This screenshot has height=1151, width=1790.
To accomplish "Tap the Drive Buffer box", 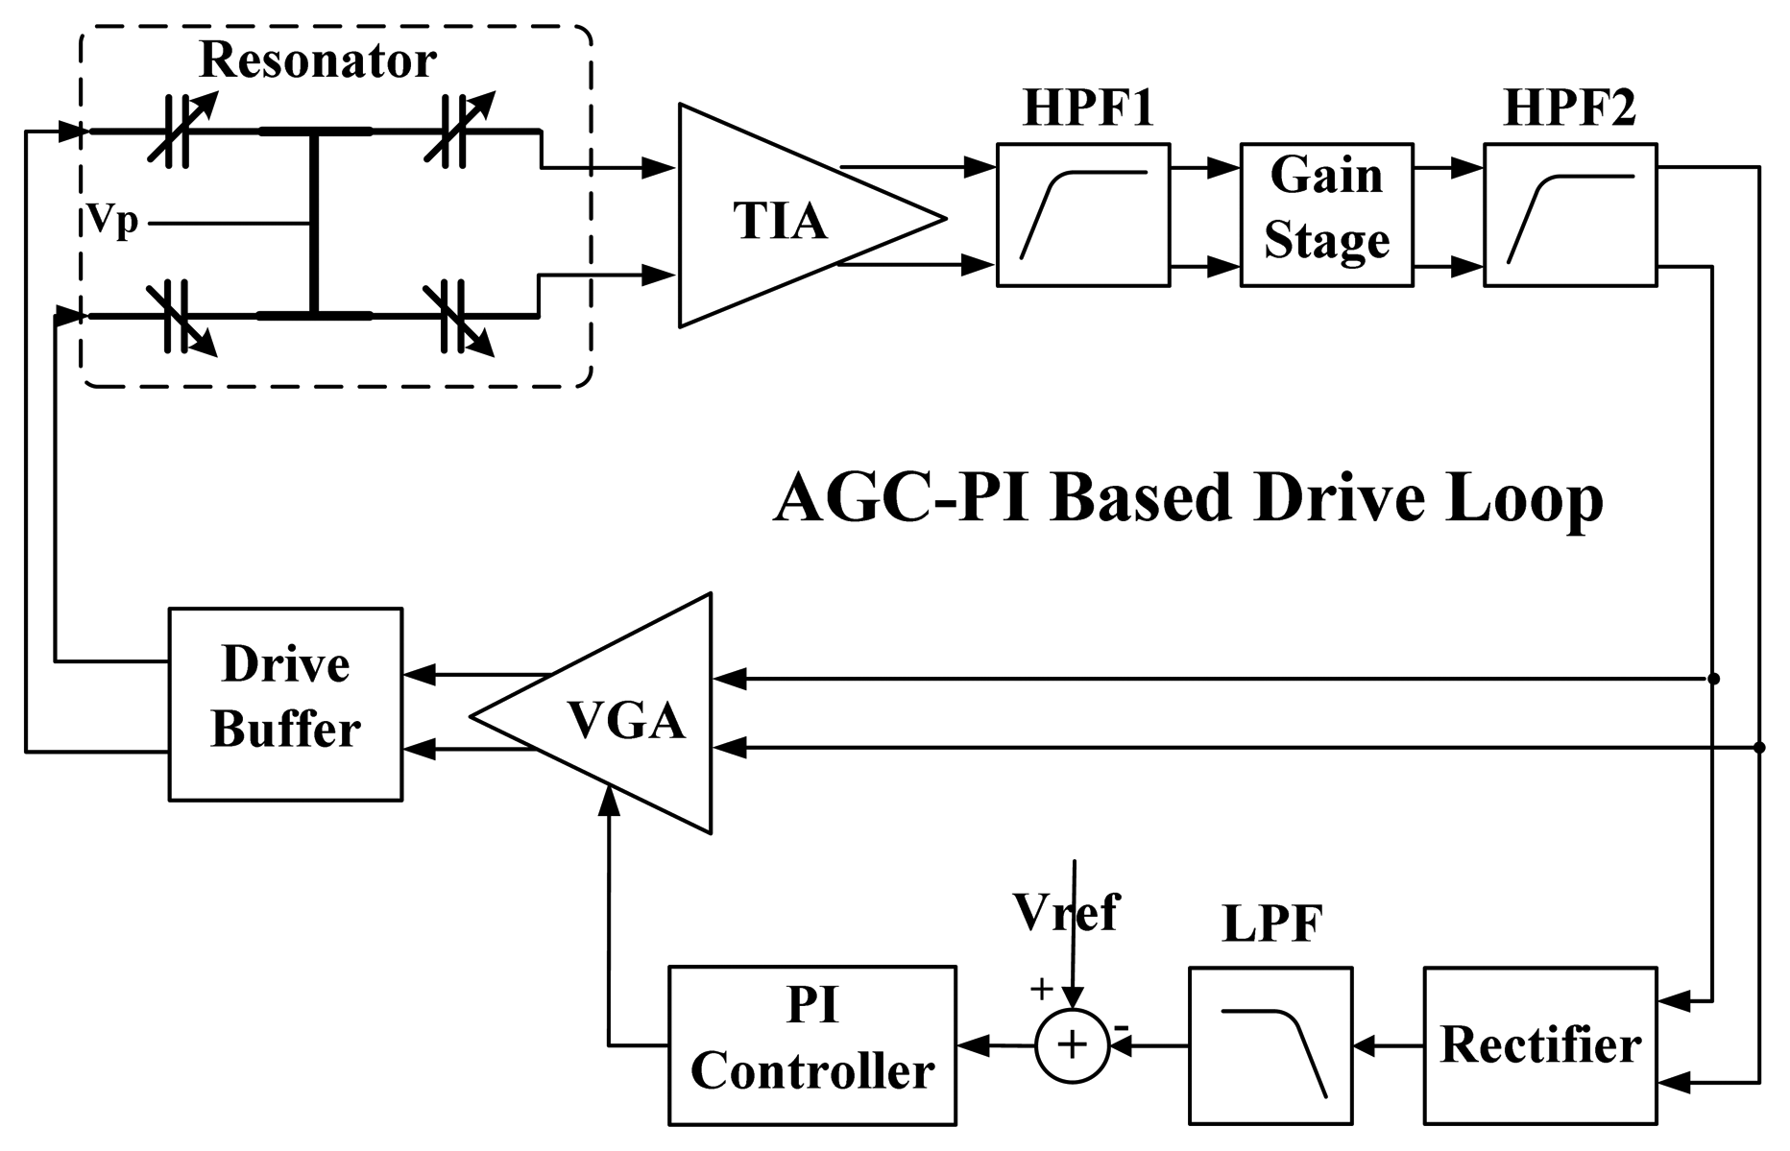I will click(x=285, y=704).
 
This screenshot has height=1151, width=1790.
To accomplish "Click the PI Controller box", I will click(x=812, y=1044).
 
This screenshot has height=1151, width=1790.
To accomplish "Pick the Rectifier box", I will click(x=1540, y=1044).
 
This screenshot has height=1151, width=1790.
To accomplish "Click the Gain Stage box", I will click(x=1326, y=214).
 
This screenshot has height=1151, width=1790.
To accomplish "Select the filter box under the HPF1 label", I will click(x=1082, y=214).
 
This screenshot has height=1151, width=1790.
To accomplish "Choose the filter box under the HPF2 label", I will click(x=1569, y=214).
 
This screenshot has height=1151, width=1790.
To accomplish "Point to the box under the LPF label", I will click(x=1270, y=1044).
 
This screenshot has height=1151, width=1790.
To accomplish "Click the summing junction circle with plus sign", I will click(x=1073, y=1045).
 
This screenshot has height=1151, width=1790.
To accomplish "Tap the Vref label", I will click(x=1066, y=911).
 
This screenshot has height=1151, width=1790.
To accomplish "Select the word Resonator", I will click(x=318, y=60).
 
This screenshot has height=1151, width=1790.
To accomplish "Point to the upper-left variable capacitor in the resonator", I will click(x=180, y=132).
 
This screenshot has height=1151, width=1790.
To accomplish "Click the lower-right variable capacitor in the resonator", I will click(x=456, y=317).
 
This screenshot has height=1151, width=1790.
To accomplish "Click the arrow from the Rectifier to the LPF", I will click(x=1387, y=1045).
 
